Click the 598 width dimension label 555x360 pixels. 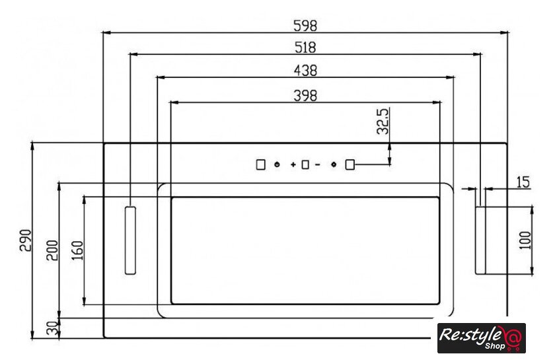(x=305, y=26)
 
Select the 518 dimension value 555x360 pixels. (x=305, y=48)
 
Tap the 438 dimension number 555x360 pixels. (x=305, y=71)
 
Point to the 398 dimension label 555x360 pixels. (x=305, y=96)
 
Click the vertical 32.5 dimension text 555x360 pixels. (x=383, y=122)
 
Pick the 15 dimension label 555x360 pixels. (x=523, y=182)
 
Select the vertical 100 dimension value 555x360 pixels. (x=525, y=240)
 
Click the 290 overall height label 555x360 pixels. (x=26, y=240)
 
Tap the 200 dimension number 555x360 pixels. (x=52, y=250)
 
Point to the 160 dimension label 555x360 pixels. (x=77, y=250)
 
